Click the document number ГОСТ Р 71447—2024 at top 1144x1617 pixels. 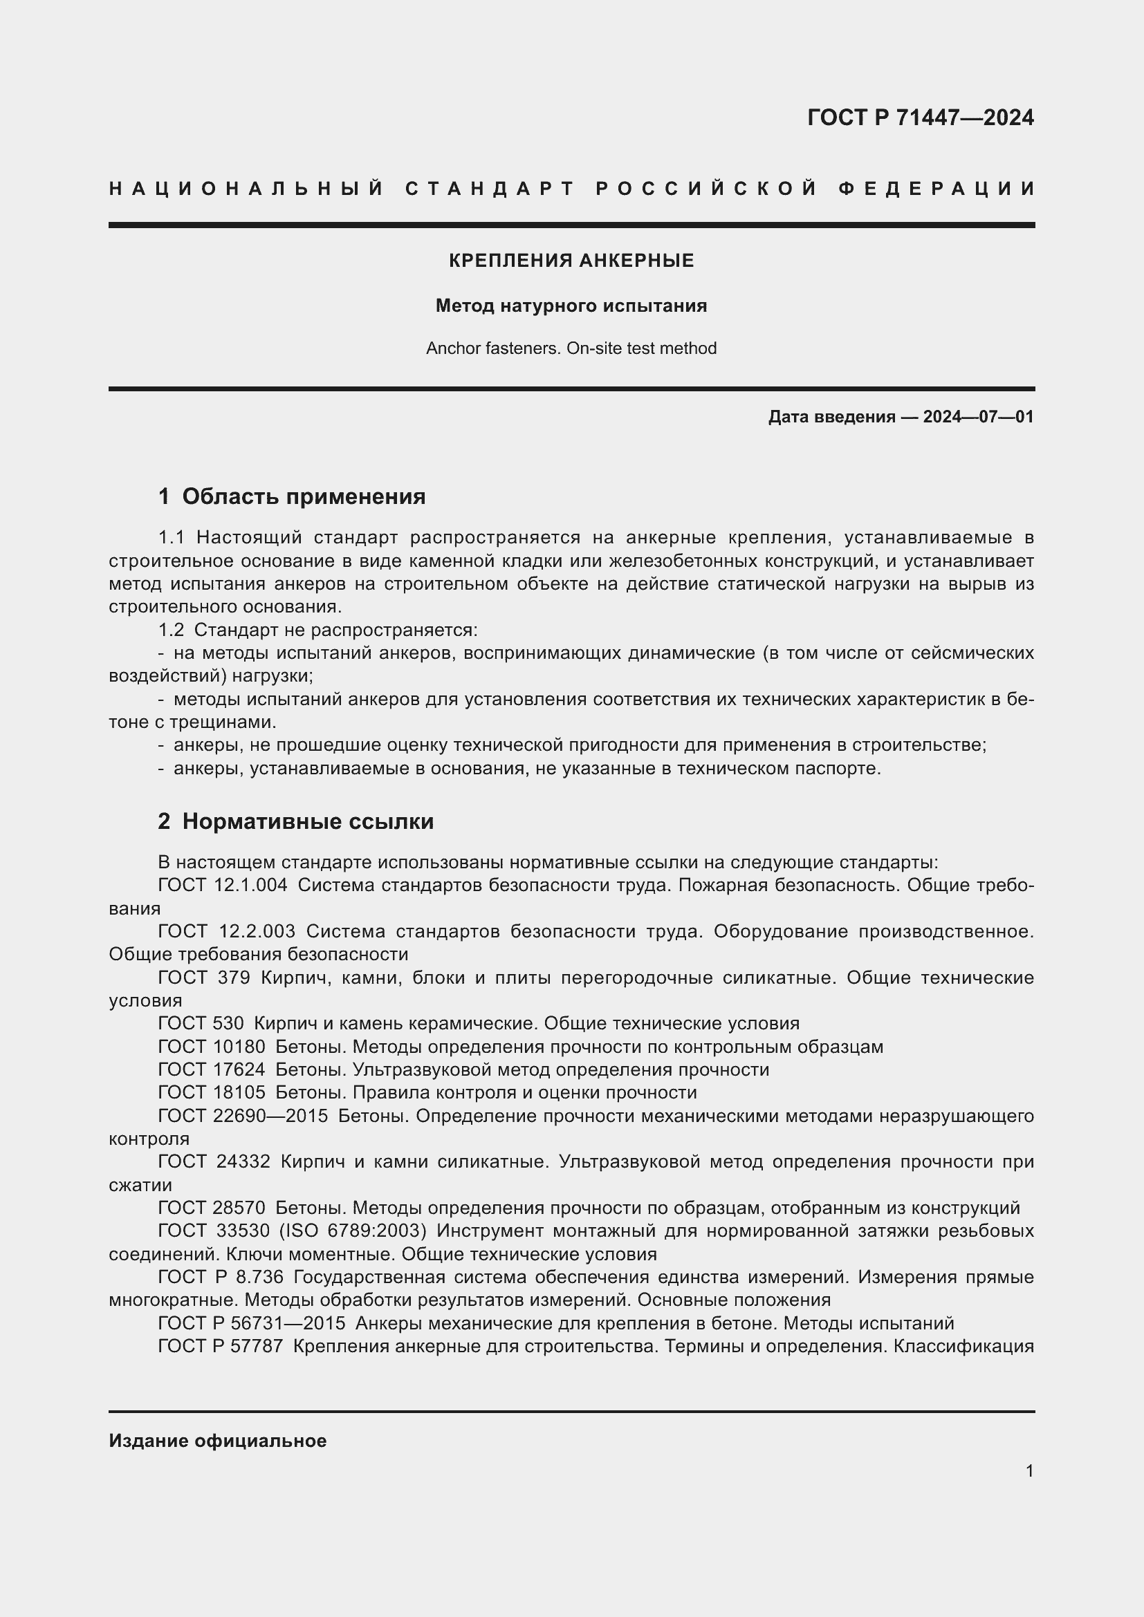tap(920, 118)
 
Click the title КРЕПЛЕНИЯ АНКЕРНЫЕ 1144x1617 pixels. tap(571, 261)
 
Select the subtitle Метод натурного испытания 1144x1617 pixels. tap(571, 306)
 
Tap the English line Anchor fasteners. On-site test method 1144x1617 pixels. tap(571, 348)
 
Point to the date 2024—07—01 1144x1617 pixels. tap(978, 417)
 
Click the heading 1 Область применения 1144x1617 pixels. tap(292, 496)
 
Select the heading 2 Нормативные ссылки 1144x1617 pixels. tap(296, 821)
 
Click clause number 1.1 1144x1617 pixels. tap(171, 538)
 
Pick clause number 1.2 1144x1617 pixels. tap(171, 630)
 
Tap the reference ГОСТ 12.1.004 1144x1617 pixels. tap(223, 886)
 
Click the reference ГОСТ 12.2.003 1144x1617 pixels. tap(226, 931)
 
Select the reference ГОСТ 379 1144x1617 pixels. tap(204, 978)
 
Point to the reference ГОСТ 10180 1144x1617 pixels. tap(212, 1047)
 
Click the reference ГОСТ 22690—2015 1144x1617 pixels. tap(242, 1116)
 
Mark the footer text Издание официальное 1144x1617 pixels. tap(217, 1441)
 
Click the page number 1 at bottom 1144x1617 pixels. tap(1029, 1470)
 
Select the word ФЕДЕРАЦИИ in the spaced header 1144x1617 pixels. tap(937, 189)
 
